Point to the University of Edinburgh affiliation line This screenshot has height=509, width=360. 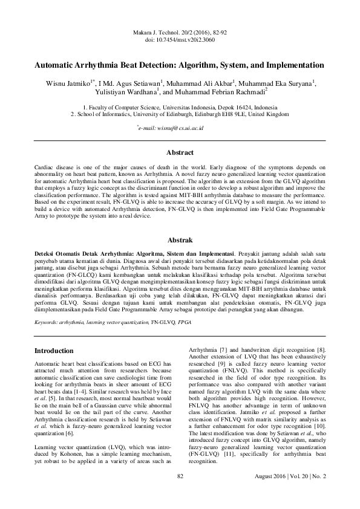click(x=180, y=114)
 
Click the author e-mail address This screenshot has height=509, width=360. click(x=180, y=128)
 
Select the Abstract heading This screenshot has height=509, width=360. click(x=180, y=152)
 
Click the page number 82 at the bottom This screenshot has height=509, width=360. click(x=180, y=493)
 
